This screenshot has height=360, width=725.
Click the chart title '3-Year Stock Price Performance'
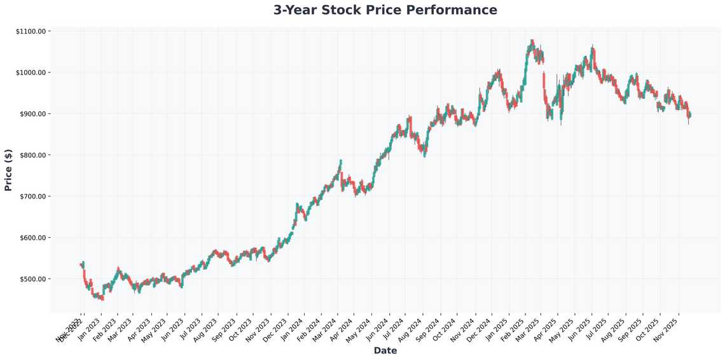pos(385,10)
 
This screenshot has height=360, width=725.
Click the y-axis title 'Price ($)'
pos(8,169)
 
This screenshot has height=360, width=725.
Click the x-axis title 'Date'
pos(385,350)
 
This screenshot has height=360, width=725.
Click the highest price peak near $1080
pos(532,41)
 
